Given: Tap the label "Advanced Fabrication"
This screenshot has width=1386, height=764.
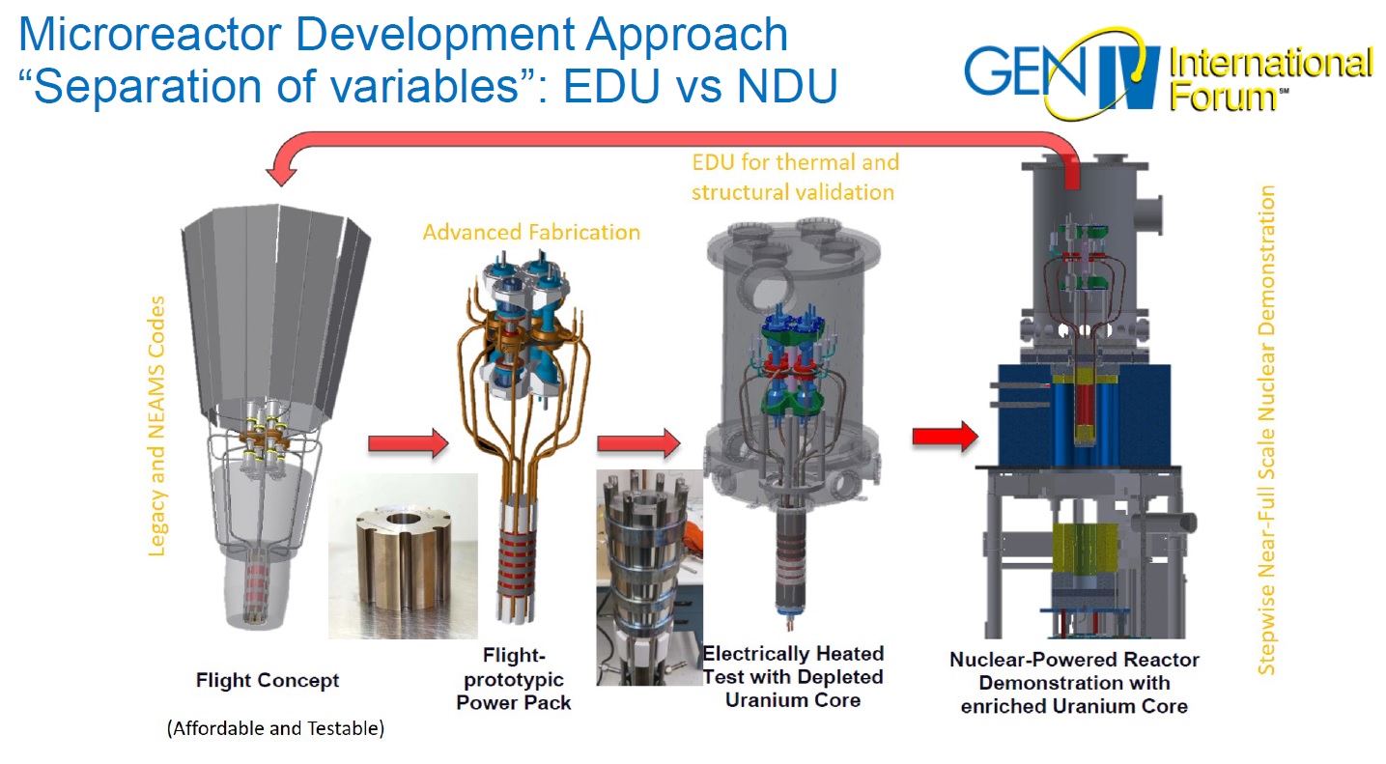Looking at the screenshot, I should coord(531,233).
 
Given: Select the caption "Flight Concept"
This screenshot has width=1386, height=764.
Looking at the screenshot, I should coord(268,680).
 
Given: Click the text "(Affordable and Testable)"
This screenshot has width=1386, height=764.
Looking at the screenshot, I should coord(275,728).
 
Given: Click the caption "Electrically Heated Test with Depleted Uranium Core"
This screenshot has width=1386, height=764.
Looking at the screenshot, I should coord(792,676).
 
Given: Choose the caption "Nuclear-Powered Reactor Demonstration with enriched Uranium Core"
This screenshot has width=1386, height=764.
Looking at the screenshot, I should coord(1074,683).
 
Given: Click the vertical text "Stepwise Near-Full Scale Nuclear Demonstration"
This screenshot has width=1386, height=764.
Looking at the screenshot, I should coord(1267,430).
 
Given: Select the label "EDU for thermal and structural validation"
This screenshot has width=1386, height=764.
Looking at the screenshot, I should coord(794,177).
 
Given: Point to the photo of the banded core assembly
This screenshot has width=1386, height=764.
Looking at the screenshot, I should coord(649,577).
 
